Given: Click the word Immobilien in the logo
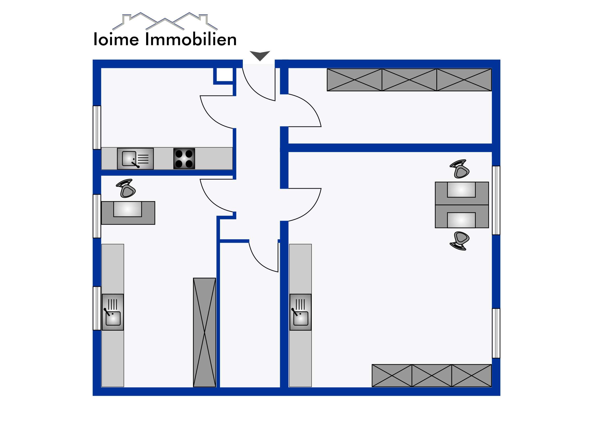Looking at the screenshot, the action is click(x=191, y=39).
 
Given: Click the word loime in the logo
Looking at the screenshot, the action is click(x=116, y=39).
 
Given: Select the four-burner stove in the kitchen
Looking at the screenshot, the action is click(x=184, y=159).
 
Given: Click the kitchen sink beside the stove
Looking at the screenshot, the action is click(x=135, y=159).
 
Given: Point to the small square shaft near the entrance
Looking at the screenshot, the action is click(x=225, y=75).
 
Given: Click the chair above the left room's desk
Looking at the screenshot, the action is click(x=126, y=188).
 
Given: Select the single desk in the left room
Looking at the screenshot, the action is click(x=128, y=213).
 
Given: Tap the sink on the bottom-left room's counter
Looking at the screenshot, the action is click(x=113, y=312).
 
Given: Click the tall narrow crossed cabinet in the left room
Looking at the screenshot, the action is click(x=204, y=332).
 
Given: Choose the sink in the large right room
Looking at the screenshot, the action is click(x=300, y=312).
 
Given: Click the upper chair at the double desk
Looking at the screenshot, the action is click(x=460, y=169).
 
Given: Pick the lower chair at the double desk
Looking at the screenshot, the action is click(x=460, y=241).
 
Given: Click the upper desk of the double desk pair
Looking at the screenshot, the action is click(x=462, y=193).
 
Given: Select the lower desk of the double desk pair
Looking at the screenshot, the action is click(x=462, y=216).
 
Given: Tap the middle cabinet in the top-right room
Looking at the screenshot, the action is click(x=409, y=80).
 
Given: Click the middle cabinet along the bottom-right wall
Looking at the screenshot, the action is click(x=432, y=376).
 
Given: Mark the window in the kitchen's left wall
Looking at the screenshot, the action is click(x=97, y=127).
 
